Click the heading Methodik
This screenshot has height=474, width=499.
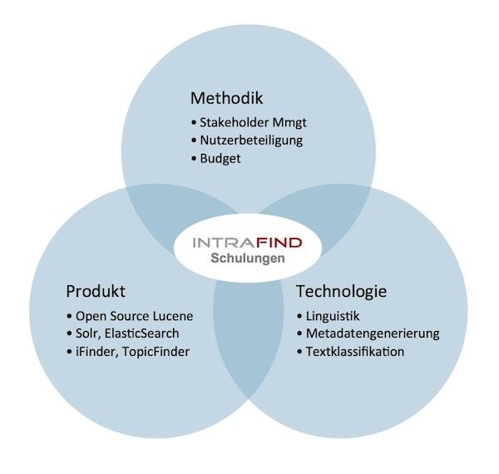226,98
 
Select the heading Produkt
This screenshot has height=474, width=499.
96,291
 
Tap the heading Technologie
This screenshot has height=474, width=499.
342,291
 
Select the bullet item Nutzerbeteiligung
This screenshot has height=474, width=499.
247,141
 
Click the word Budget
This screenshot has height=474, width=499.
220,159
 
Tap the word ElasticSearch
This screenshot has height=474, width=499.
141,333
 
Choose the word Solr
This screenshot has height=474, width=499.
88,334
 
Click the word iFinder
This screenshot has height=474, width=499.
97,352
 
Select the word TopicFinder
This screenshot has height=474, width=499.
156,352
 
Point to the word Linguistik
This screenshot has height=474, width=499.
333,317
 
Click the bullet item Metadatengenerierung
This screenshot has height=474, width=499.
368,334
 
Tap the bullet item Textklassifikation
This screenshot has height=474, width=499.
350,352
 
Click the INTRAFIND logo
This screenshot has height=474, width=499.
247,243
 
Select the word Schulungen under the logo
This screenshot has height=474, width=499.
248,259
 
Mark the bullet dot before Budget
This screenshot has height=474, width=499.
194,159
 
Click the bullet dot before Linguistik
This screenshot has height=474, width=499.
299,316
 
